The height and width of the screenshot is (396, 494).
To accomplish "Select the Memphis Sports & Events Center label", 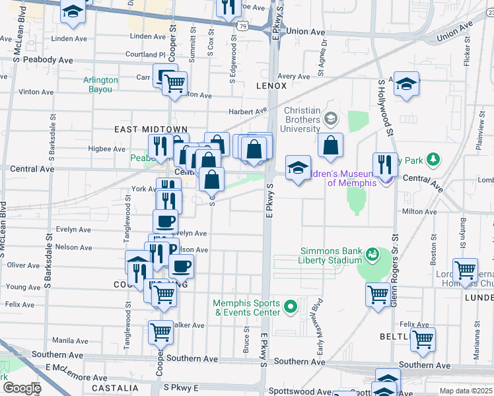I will (246, 308).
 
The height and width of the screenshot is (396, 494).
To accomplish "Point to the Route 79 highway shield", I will (244, 26).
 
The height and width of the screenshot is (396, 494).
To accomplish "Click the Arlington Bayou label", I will (100, 84).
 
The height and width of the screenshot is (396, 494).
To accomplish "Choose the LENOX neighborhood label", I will (271, 86).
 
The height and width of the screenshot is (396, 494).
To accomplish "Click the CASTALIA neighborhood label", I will (115, 388).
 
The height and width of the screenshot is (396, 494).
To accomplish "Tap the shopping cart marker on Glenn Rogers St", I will (378, 294).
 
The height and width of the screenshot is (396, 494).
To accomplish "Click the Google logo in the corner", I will (22, 388).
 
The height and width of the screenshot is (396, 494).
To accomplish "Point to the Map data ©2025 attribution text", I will (465, 391).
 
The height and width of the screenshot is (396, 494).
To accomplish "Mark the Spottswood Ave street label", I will (294, 391).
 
